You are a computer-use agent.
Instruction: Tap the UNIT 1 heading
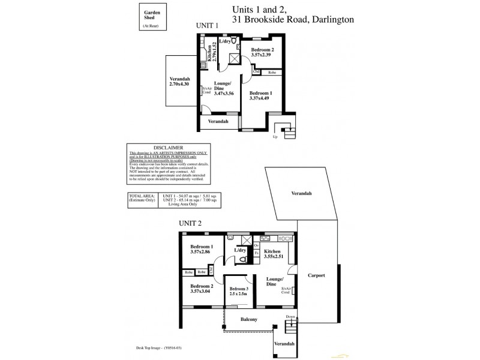(x=207, y=25)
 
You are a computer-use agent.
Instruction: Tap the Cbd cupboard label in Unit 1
(x=256, y=73)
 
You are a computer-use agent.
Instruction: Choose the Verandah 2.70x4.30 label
(x=179, y=82)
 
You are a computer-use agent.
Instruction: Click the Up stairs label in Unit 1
(x=275, y=136)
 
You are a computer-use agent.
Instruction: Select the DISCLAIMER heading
(x=169, y=146)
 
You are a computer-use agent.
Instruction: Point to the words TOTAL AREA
(x=142, y=196)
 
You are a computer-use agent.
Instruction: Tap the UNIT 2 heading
(x=190, y=223)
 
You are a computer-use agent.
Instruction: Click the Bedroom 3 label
(x=241, y=288)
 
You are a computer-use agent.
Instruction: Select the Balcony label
(x=248, y=319)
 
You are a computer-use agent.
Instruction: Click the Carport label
(x=316, y=275)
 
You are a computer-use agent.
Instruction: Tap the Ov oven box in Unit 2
(x=256, y=245)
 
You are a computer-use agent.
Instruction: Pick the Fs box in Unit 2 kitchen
(x=256, y=254)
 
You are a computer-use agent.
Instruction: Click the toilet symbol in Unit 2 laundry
(x=241, y=259)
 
